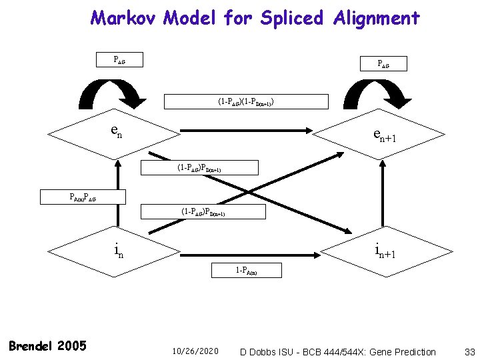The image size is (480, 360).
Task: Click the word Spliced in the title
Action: pos(291,17)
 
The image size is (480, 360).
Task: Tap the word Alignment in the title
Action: pos(376,17)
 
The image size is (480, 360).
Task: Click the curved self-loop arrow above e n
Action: pos(118,93)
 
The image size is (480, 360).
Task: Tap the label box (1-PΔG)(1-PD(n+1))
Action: pos(246,102)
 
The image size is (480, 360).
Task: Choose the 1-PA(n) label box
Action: pos(246,271)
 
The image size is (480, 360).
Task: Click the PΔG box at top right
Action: pos(383,64)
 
